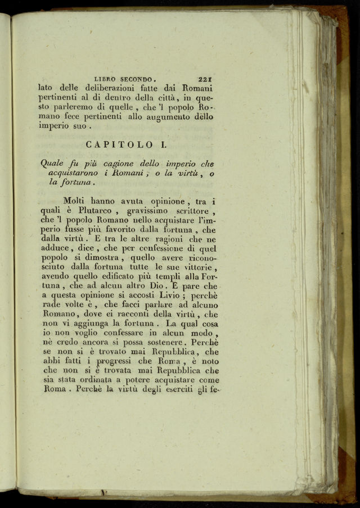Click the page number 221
(x=206, y=79)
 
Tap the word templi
(x=164, y=276)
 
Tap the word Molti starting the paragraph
(x=75, y=201)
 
